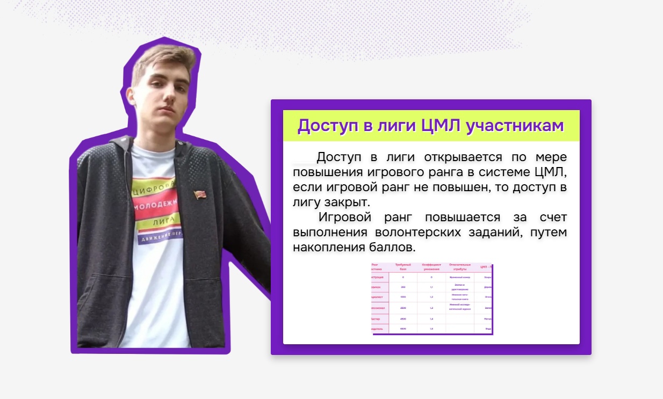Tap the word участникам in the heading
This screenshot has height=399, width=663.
(515, 126)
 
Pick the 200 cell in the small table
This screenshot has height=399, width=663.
(403, 287)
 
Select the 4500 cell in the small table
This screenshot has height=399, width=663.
(403, 319)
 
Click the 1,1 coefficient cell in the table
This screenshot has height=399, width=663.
(431, 287)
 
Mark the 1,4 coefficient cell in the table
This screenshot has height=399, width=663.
(431, 319)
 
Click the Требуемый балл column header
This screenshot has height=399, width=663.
(403, 267)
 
